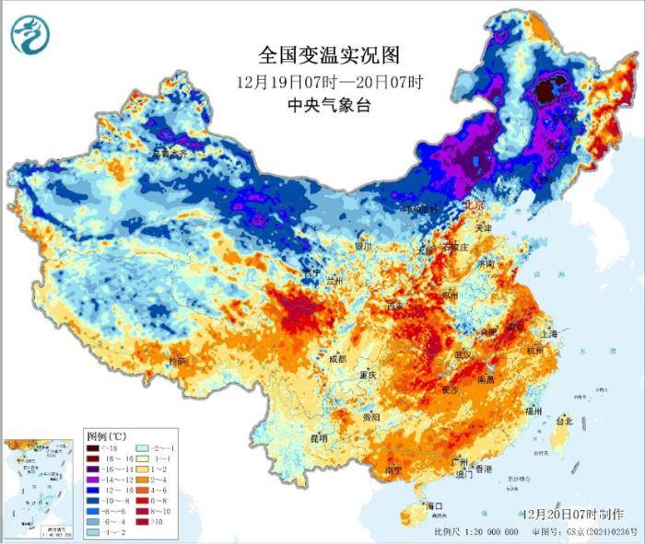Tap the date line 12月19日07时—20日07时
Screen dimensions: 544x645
(x=329, y=81)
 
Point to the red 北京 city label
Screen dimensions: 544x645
(x=451, y=204)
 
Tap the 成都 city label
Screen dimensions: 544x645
(x=336, y=358)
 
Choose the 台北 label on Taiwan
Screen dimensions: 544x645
(x=562, y=421)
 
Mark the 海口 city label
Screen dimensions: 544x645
(x=433, y=506)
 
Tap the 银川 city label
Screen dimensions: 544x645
(x=362, y=247)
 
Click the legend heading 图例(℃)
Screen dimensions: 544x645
(x=106, y=434)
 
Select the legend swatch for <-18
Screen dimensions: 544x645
(x=94, y=448)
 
